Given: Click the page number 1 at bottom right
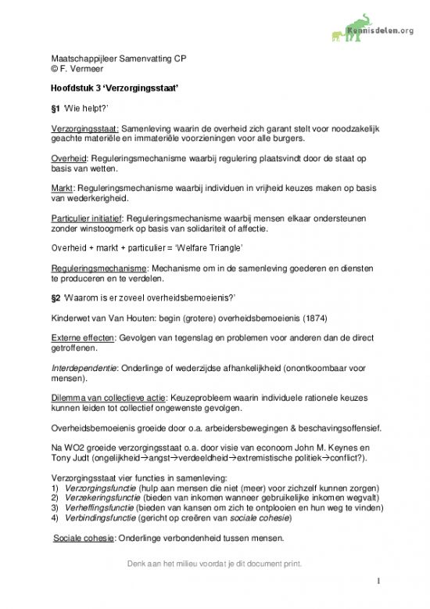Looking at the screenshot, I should [x=378, y=582].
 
